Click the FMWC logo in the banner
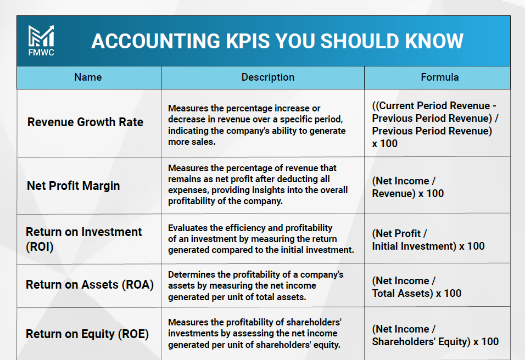[x=41, y=41]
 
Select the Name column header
[x=88, y=77]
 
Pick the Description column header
[x=268, y=77]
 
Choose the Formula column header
[x=440, y=77]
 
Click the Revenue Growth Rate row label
[x=85, y=122]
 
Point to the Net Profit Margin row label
[x=74, y=185]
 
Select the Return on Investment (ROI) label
[x=83, y=239]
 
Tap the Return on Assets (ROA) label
[x=90, y=285]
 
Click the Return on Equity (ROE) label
[x=87, y=334]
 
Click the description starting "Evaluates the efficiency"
[x=261, y=239]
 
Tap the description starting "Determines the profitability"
[x=255, y=286]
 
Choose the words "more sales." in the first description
[x=192, y=142]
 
